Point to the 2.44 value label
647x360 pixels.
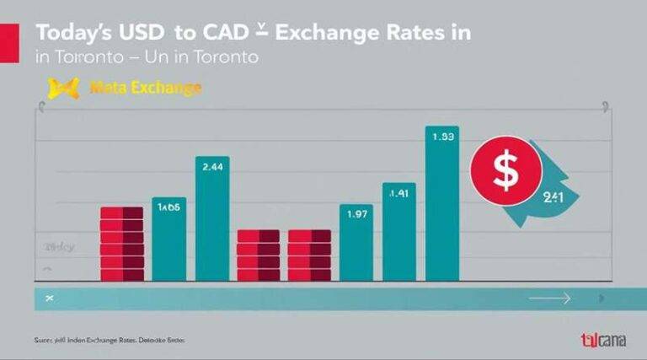(x=213, y=167)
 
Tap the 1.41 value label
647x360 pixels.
(x=398, y=194)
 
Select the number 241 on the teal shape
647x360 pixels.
(x=553, y=198)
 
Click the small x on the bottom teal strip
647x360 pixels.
(x=50, y=298)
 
